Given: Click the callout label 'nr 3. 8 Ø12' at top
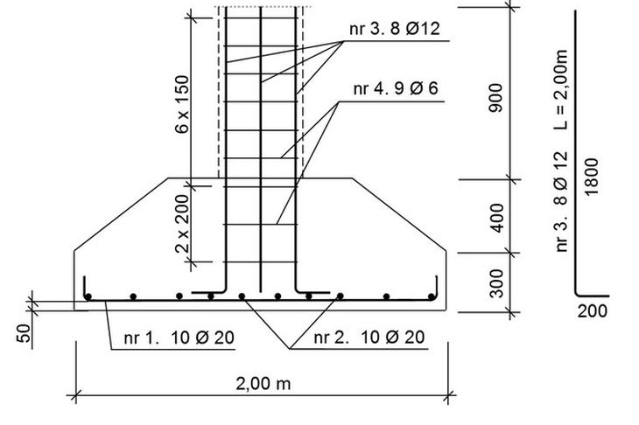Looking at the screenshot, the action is [x=395, y=29].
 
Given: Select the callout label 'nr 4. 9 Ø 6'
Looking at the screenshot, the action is [x=396, y=88].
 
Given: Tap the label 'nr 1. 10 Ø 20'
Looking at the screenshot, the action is [x=179, y=338].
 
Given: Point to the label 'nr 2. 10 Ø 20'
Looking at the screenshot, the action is [x=369, y=337].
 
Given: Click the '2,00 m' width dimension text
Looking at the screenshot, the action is [x=263, y=384].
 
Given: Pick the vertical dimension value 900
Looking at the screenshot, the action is [x=496, y=98].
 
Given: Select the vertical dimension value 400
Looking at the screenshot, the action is [x=497, y=219].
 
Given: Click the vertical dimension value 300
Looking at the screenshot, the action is [x=497, y=283].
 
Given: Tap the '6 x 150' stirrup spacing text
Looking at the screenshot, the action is [x=182, y=105].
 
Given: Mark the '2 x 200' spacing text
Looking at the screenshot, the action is [x=182, y=224].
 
